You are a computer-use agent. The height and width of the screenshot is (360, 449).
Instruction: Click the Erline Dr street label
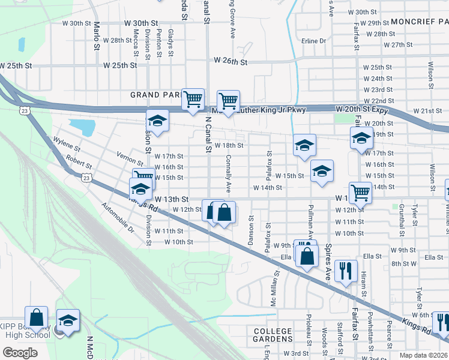coord(313,41)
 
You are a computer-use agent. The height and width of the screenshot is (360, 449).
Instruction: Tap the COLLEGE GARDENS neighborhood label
coord(273,335)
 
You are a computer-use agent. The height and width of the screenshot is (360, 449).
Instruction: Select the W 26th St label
coord(231,61)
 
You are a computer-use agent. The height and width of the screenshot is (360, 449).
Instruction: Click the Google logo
coord(20,353)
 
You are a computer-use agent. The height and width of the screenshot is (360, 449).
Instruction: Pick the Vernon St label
coord(130,158)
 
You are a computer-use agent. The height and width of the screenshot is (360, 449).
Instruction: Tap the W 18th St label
coord(229,145)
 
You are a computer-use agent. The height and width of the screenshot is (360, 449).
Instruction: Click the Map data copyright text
coord(424,355)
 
